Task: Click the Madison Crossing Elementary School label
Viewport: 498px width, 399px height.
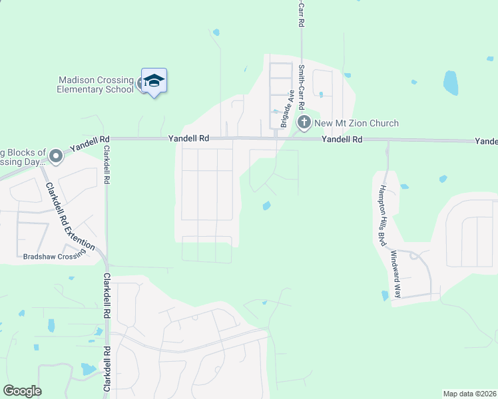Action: pos(95,84)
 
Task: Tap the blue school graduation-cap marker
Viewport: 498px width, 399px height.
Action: pos(154,81)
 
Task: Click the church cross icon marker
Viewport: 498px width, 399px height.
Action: pos(304,122)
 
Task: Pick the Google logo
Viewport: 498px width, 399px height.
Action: pos(22,391)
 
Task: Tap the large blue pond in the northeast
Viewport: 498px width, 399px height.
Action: pos(451,83)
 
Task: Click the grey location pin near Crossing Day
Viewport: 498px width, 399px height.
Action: pos(56,157)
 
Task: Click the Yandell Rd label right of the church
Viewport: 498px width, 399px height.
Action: pos(342,140)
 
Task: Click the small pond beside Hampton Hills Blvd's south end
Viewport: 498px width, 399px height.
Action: pos(384,295)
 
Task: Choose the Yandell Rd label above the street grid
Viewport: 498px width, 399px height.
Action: pos(189,138)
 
